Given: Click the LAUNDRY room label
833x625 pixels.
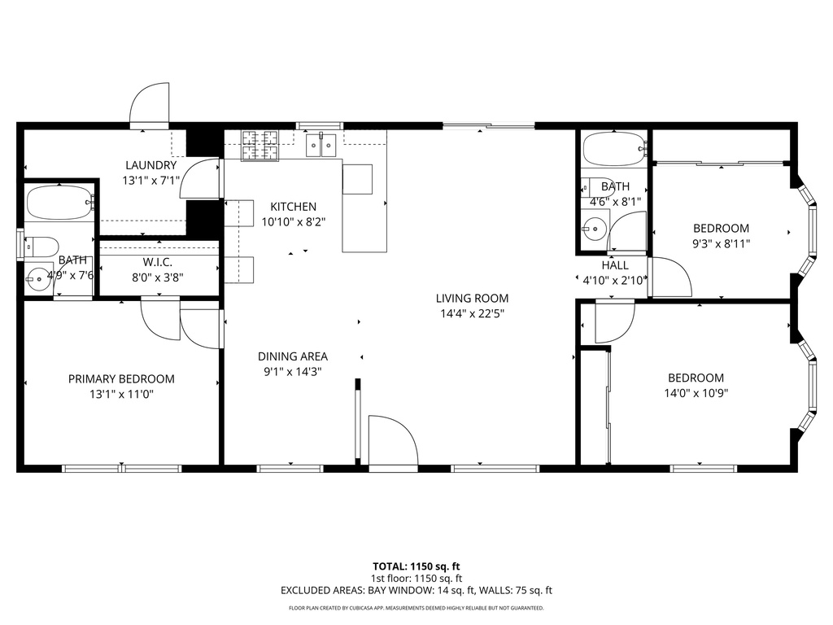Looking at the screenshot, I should point(150,165).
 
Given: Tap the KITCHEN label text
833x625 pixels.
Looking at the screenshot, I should point(293,207).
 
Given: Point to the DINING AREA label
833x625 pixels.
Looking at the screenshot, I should point(293,356).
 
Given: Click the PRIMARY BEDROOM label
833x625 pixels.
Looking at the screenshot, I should point(121,379).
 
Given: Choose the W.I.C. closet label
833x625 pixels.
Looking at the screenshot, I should point(157,262).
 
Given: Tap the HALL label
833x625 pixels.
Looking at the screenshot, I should point(615,265).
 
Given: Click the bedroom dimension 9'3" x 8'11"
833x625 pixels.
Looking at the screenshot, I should point(721,243).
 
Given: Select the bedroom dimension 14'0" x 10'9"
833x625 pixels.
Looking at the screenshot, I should point(696,392).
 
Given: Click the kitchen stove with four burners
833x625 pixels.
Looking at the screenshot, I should point(260,145).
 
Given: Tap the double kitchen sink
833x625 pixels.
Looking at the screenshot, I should point(321,146).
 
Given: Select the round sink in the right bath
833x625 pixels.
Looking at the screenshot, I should point(595,229).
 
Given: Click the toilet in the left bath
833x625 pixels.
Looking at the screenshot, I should point(41,245).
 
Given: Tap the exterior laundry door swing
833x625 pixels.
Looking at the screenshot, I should point(150,104).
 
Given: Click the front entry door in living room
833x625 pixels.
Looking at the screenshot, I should point(392,442).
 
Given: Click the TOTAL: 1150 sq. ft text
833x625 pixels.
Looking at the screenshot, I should point(416,566).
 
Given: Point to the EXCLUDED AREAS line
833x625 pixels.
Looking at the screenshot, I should point(416,591).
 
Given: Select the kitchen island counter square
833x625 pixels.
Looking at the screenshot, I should point(357,179).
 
